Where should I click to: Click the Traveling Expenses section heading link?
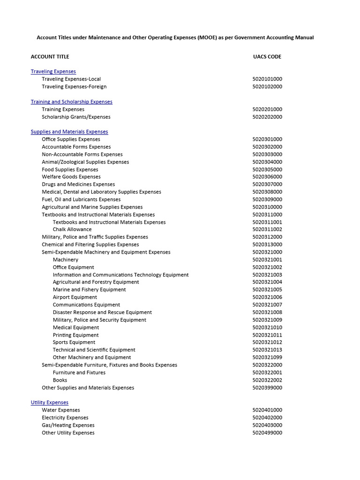tap(53, 71)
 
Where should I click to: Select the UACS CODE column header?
tap(267, 57)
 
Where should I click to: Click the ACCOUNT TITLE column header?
tap(50, 57)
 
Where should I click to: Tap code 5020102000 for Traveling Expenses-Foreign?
tap(267, 87)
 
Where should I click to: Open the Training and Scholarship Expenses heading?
tap(71, 102)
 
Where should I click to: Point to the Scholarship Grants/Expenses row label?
tap(76, 117)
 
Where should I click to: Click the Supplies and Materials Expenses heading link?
tap(69, 132)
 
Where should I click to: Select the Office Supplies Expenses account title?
tap(71, 139)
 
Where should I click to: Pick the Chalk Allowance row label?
tap(72, 230)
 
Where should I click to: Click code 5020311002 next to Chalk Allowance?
tap(267, 230)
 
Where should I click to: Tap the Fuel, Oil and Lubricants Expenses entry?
tap(81, 199)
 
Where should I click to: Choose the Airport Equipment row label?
tap(75, 297)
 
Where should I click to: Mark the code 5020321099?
tap(267, 358)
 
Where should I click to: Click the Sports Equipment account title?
tap(74, 342)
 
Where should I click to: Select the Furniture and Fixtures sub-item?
tap(79, 373)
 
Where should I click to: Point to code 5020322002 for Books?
tap(267, 380)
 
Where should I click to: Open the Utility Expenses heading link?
tap(50, 403)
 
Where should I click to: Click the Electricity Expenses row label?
tap(65, 418)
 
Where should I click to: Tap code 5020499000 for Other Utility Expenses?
tap(267, 433)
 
